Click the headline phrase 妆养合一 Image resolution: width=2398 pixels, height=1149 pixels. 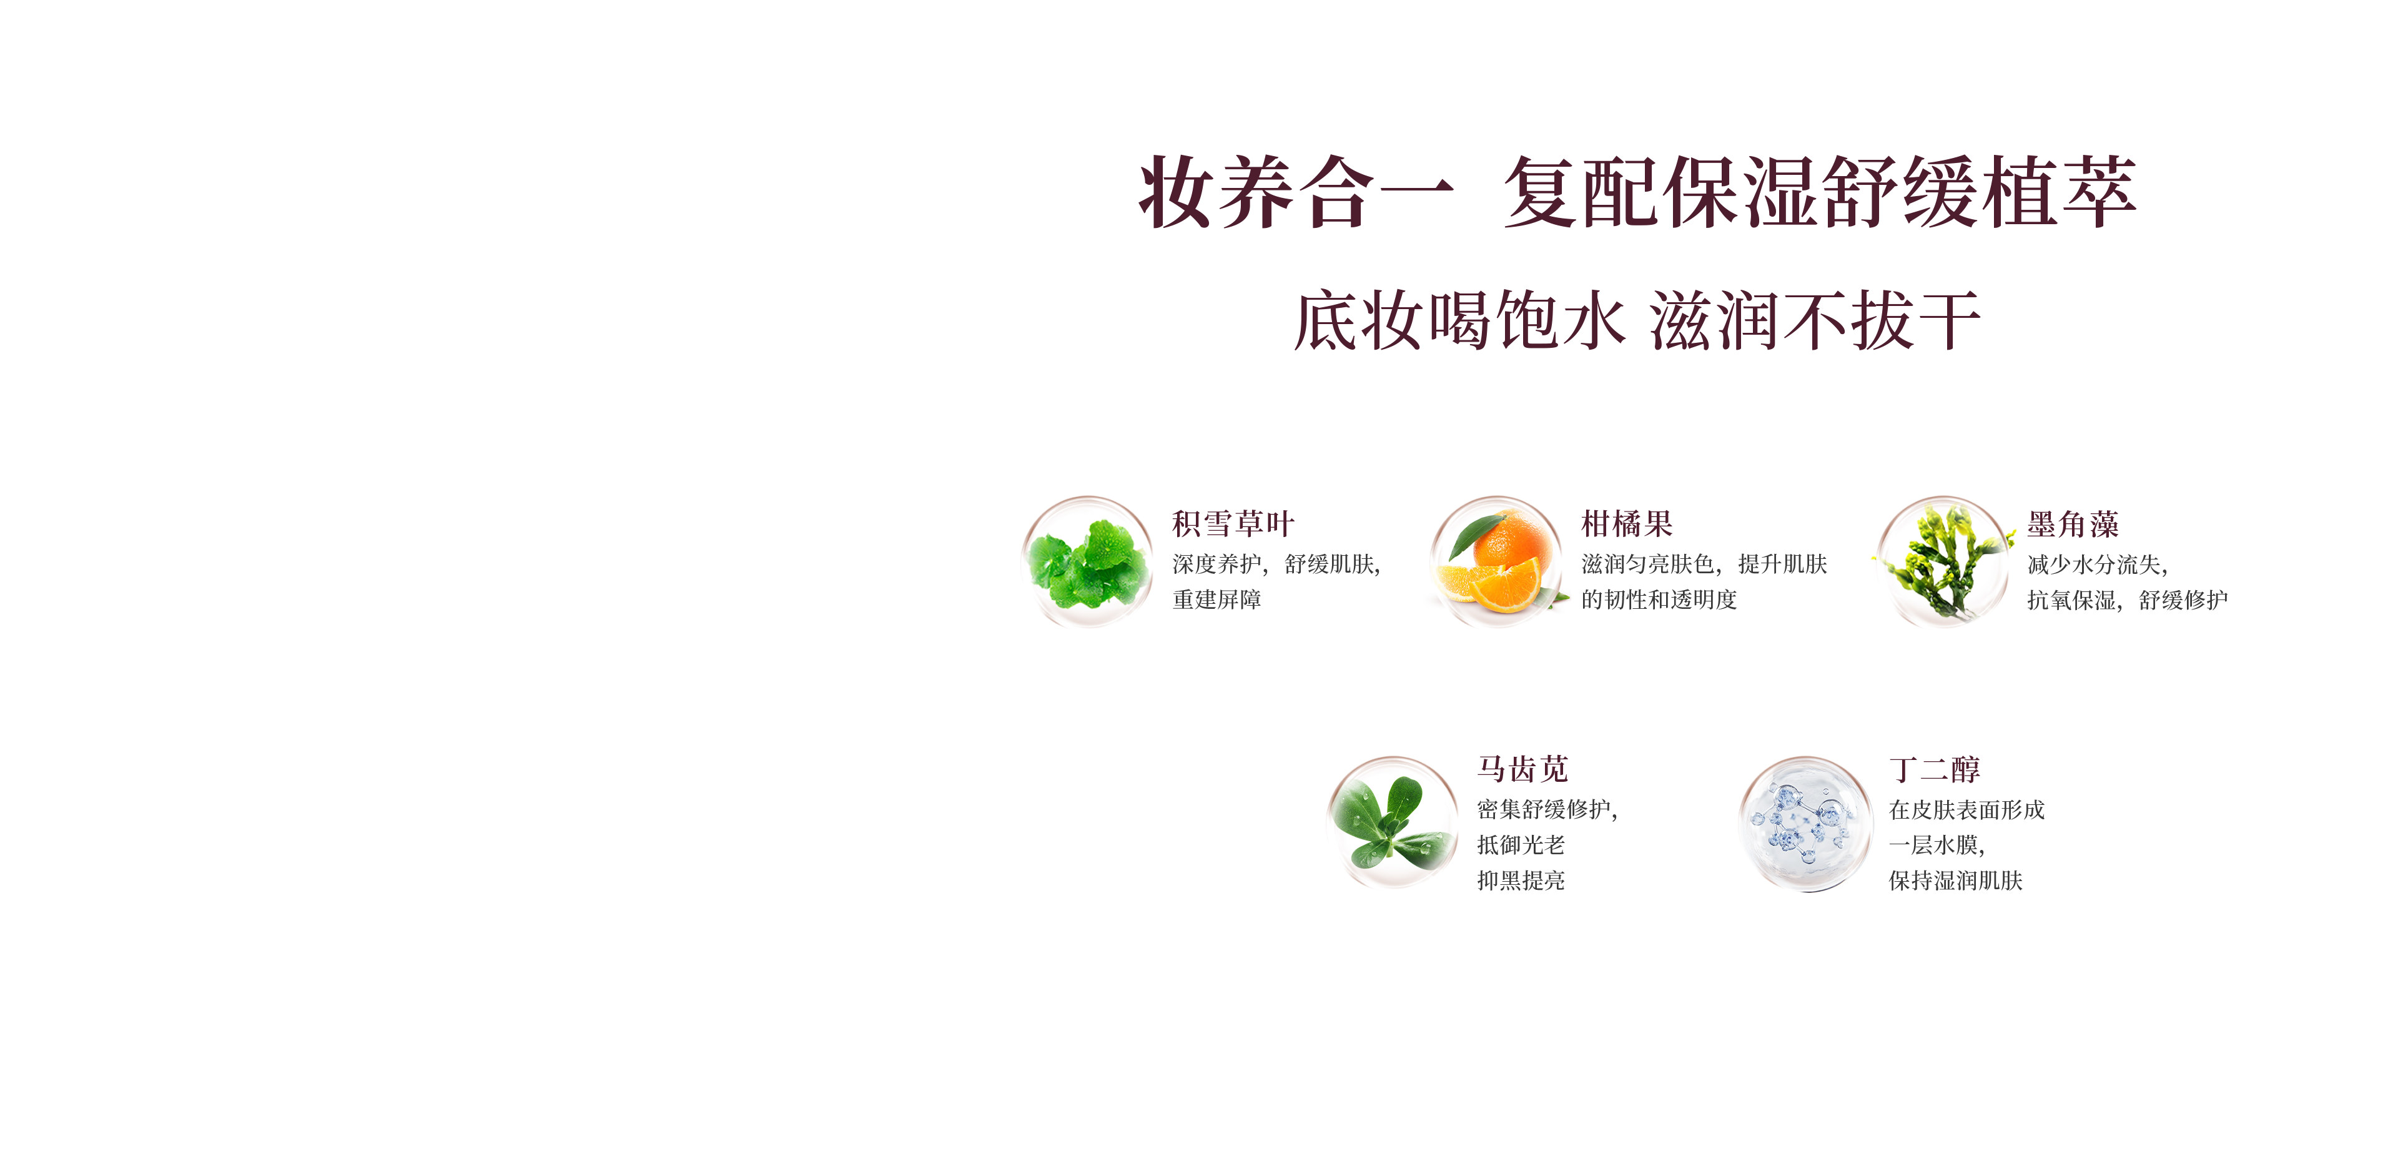1296,192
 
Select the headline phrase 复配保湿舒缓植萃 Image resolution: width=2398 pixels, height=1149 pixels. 1819,192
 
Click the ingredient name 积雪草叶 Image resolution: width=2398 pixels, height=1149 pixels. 1233,523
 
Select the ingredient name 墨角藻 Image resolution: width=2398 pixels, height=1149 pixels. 2073,524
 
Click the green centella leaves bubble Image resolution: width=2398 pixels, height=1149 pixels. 1087,561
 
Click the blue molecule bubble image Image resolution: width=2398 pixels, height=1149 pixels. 1805,823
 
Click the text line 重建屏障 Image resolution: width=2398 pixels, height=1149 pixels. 1216,599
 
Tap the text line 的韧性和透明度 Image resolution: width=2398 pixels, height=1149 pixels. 1659,599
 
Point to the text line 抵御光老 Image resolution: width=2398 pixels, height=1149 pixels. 1521,844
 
